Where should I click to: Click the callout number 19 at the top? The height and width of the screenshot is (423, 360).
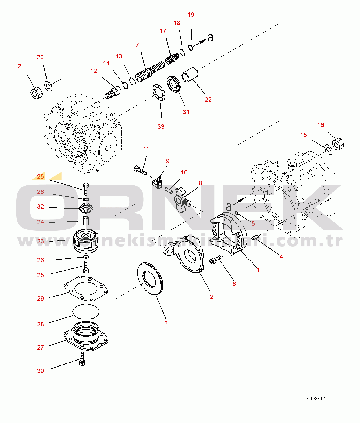point(191,15)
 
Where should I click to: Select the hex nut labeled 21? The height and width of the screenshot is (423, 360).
point(36,93)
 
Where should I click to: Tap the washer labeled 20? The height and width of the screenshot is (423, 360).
point(48,86)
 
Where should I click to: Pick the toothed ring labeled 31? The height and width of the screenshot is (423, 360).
point(174,84)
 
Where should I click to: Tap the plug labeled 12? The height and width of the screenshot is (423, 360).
point(113,92)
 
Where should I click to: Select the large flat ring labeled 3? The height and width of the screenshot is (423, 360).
point(150,278)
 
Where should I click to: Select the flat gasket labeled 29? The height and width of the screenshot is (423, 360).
point(86,288)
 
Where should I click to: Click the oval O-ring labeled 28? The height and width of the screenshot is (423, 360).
point(86,312)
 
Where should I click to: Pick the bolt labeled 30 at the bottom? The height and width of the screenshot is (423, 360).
point(82,359)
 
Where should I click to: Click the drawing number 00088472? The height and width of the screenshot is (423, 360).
point(317,399)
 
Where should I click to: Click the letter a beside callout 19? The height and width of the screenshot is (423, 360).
point(210,38)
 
